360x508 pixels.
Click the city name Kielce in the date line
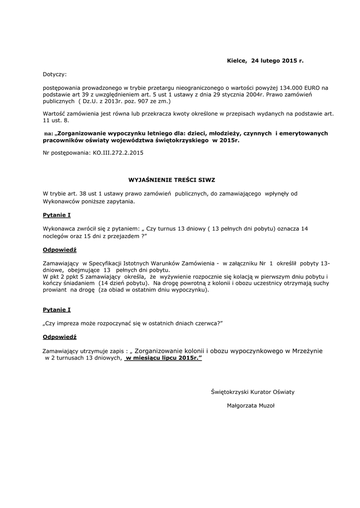coord(236,61)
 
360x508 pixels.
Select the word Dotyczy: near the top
coord(55,74)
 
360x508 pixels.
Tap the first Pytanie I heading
coord(57,215)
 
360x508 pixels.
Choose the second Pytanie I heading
coord(57,310)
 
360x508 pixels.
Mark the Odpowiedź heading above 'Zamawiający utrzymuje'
coord(60,336)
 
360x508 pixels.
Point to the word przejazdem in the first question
coord(125,236)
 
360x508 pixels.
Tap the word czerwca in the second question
coord(205,323)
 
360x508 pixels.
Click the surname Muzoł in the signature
coord(264,405)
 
